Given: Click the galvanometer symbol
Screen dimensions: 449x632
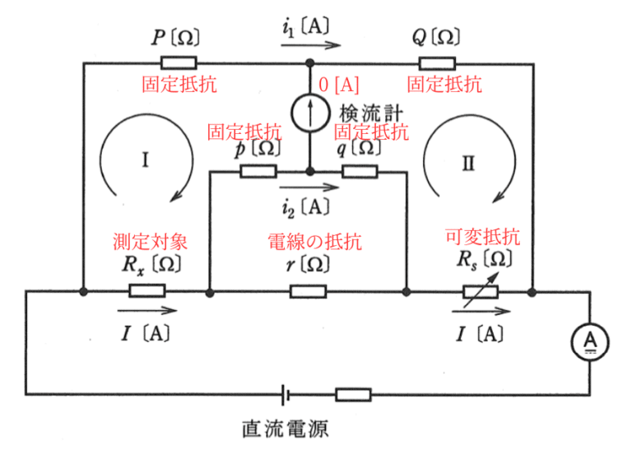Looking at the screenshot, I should coord(310,113).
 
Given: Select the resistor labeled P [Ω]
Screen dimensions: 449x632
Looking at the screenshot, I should coord(178,62).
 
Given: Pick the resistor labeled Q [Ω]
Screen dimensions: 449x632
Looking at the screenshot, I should coord(437,62).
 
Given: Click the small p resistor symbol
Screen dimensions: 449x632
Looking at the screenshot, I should coord(258,171).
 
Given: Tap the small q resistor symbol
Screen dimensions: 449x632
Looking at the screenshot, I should coord(360,171).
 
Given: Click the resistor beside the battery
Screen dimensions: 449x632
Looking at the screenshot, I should coord(353,395).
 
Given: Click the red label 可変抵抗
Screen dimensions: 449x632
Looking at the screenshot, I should coord(482,235).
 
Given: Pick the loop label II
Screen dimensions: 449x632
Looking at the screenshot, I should coord(468,161).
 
